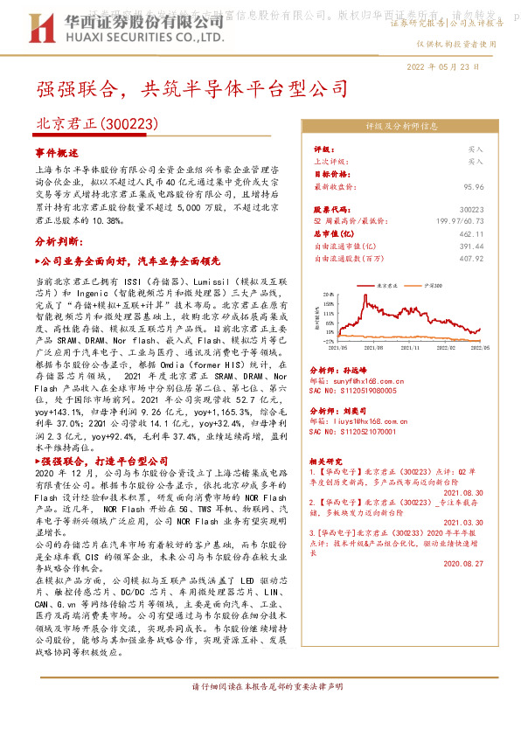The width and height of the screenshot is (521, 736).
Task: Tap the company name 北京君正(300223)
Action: pos(96,125)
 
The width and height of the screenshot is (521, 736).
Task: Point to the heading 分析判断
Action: pos(59,240)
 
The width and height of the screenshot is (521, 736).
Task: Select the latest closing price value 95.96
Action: pos(474,186)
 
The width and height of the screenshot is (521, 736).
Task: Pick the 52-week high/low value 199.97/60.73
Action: pos(460,222)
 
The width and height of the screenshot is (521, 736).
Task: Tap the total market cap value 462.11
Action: pos(470,234)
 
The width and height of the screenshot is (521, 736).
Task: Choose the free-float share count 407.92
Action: pos(470,258)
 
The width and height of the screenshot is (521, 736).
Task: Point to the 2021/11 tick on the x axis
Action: pos(392,346)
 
